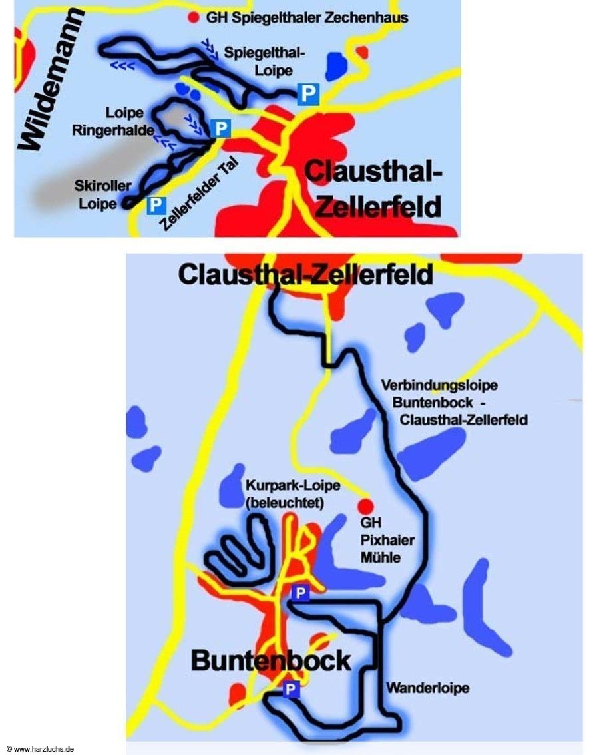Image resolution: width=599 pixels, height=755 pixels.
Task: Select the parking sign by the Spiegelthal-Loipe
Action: click(x=307, y=93)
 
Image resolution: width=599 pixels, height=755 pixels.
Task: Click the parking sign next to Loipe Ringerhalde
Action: click(x=220, y=128)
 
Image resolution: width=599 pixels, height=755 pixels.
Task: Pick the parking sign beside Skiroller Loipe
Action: click(x=156, y=204)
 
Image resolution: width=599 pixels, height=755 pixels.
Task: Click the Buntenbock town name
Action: click(x=271, y=660)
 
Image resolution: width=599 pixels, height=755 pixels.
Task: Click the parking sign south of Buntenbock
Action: click(x=290, y=689)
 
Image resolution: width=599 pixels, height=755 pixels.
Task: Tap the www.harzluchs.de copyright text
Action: click(x=39, y=749)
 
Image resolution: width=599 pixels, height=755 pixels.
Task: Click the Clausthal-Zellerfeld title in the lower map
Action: click(x=305, y=274)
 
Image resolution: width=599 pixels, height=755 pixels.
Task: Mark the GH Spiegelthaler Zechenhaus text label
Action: click(x=306, y=17)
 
